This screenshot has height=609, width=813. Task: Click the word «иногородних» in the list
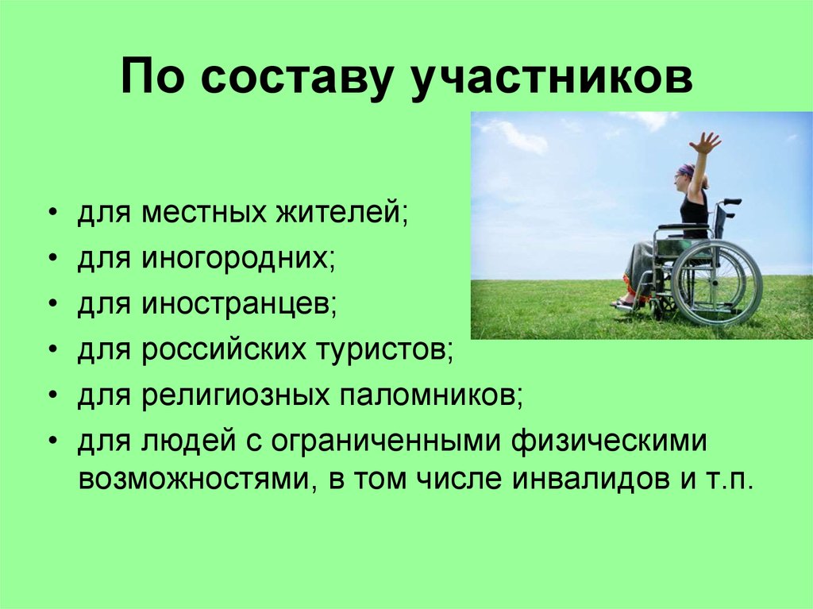(x=237, y=260)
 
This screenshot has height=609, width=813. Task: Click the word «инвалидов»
(x=591, y=481)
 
